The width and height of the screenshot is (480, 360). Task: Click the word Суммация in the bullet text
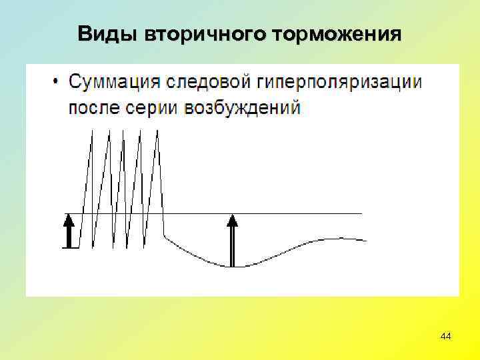pyautogui.click(x=115, y=83)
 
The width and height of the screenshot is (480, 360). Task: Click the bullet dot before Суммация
pyautogui.click(x=55, y=83)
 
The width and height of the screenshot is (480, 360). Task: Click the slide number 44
pyautogui.click(x=446, y=337)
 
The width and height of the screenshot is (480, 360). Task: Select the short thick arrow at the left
pyautogui.click(x=68, y=231)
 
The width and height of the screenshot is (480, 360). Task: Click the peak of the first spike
pyautogui.click(x=91, y=131)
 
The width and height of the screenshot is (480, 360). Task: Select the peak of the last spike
pyautogui.click(x=157, y=131)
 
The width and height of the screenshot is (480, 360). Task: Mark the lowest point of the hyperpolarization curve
pyautogui.click(x=230, y=267)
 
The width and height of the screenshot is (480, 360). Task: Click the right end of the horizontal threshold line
pyautogui.click(x=362, y=213)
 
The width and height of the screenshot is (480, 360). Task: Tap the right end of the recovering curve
pyautogui.click(x=366, y=240)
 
